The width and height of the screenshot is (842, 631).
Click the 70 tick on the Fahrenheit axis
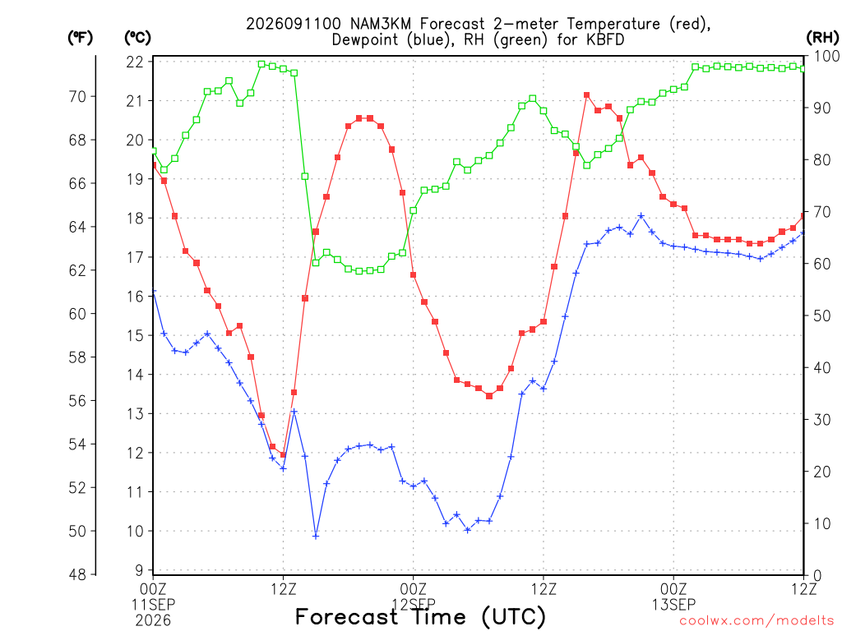pos(77,97)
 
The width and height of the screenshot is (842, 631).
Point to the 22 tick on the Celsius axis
pos(135,62)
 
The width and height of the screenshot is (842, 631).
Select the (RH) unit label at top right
pos(822,38)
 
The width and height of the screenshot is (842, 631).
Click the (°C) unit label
pos(137,38)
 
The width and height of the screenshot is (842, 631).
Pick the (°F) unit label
pos(80,38)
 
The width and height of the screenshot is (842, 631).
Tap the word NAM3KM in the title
pos(381,24)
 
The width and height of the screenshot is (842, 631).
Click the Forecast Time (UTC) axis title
pos(420,616)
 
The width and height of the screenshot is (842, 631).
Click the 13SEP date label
pos(673,605)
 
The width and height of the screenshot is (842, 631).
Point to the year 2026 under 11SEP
pos(153,620)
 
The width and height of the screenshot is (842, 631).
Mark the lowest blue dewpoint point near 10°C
pos(316,536)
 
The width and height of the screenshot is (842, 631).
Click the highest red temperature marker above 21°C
pos(587,95)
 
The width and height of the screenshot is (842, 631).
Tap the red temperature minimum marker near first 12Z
pos(283,454)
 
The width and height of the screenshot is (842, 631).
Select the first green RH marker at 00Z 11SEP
pos(154,151)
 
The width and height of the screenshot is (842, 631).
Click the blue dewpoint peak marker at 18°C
pos(641,216)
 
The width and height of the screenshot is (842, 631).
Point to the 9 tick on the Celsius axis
pos(139,570)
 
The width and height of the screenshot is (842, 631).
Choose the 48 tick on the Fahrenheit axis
pos(77,574)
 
